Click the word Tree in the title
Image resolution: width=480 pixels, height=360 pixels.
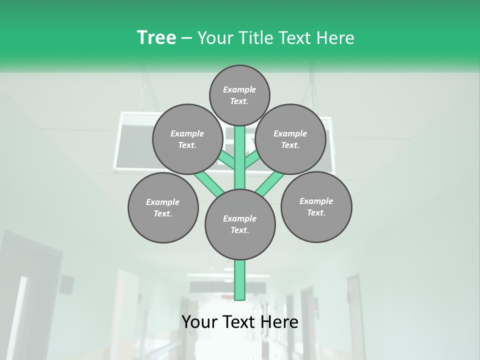coord(156,37)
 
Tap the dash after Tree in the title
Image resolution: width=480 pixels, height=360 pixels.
coord(187,38)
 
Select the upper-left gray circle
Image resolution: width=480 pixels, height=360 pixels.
coord(187,139)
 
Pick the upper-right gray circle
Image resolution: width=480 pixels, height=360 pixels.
coord(290,139)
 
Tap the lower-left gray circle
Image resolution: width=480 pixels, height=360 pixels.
coord(163,207)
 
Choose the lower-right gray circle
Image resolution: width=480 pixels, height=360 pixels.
coord(316,206)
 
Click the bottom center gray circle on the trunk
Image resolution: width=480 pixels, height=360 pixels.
coord(240,224)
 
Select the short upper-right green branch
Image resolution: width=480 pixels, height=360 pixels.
coord(251,160)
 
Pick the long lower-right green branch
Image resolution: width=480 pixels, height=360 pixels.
coord(270,182)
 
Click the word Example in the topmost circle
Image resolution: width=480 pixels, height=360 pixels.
coord(239,90)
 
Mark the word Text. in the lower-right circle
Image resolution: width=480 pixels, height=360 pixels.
coord(316,212)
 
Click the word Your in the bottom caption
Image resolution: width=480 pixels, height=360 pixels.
coord(199,322)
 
